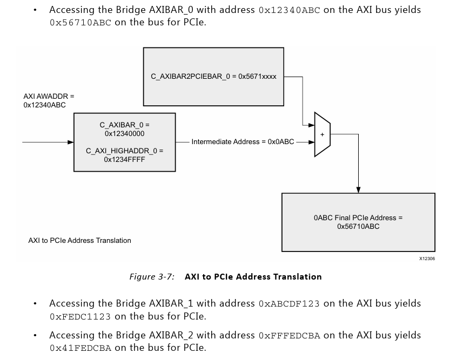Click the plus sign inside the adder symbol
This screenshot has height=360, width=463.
[x=322, y=135]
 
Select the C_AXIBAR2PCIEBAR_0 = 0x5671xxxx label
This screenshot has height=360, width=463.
[x=213, y=77]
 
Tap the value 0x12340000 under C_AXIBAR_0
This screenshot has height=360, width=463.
[x=124, y=134]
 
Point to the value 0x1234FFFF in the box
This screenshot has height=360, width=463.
[x=124, y=160]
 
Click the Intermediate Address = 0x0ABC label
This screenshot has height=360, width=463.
[x=243, y=142]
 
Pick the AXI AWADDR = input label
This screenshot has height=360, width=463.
[x=49, y=96]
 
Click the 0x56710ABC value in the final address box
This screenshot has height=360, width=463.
[x=358, y=227]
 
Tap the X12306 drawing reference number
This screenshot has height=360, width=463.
[x=427, y=259]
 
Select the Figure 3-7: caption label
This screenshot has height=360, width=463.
[x=152, y=277]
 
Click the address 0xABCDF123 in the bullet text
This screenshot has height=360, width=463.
[x=289, y=304]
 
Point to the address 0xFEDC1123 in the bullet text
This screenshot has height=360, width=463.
[x=80, y=317]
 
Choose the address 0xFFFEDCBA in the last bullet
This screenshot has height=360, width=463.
[x=289, y=336]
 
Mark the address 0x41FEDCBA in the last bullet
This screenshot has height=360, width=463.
[x=80, y=349]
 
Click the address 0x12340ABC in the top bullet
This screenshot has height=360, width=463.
[x=289, y=10]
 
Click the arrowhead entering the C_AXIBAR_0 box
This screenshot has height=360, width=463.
[x=70, y=142]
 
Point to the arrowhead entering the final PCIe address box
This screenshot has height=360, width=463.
[x=358, y=189]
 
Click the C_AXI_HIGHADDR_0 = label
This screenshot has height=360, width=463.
[x=124, y=151]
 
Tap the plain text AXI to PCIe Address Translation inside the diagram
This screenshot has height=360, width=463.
[x=79, y=241]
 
